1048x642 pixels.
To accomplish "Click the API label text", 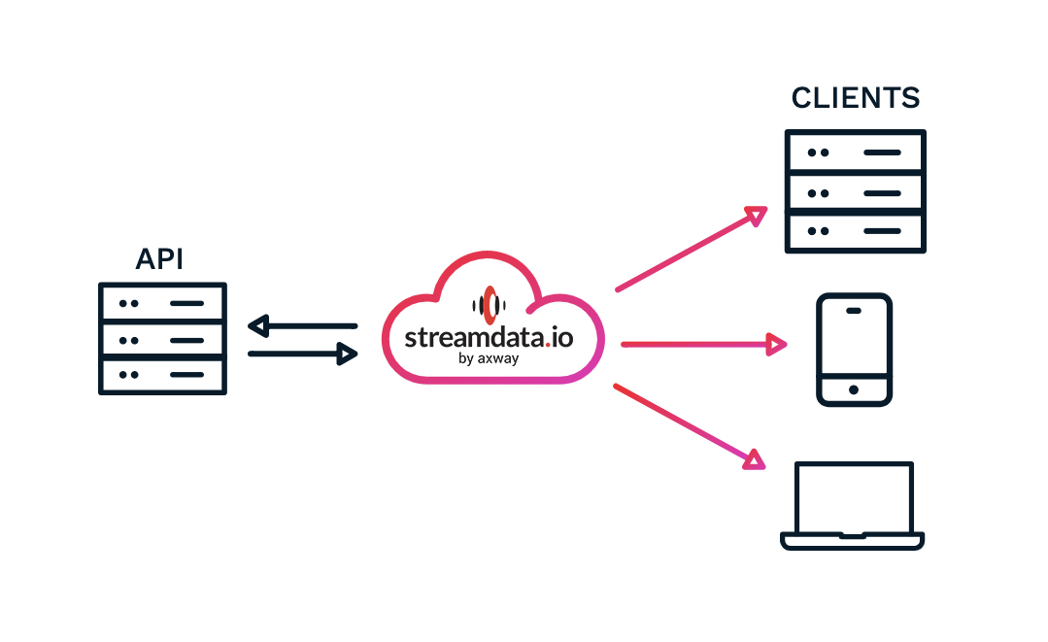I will click(x=160, y=258).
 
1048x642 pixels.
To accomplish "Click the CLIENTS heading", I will click(x=855, y=98).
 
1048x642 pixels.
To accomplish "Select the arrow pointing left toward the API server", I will click(x=302, y=325).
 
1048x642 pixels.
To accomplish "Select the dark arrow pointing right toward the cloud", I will click(x=302, y=355).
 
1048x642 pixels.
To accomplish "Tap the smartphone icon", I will click(x=854, y=350).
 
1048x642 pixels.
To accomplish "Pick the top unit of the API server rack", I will click(x=162, y=303).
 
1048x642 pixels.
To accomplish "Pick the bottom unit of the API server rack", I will click(x=162, y=375).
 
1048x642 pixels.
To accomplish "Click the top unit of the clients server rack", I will click(x=855, y=152).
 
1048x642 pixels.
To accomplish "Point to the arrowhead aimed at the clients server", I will click(x=756, y=216).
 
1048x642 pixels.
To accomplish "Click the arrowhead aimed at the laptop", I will click(x=754, y=458).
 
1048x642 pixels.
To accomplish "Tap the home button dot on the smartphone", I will click(x=854, y=389).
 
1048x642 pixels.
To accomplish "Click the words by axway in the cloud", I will click(x=488, y=358).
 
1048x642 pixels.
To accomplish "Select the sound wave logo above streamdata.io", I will click(x=490, y=304).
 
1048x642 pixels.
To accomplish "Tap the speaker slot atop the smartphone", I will click(x=854, y=311).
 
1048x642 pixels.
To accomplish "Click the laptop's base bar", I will click(x=854, y=540).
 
